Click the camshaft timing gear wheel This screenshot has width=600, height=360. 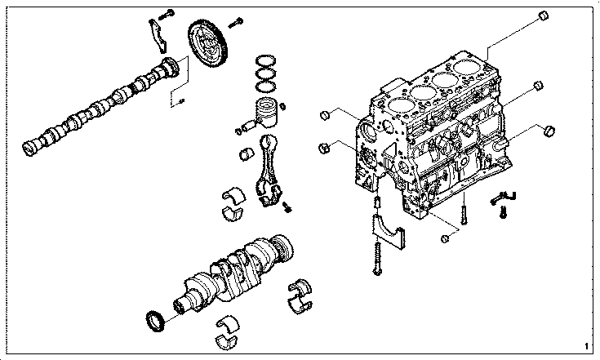tap(208, 44)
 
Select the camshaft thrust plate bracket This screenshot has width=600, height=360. tap(158, 36)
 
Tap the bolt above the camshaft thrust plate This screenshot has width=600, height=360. tap(166, 15)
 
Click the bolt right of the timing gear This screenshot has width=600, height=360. tap(236, 23)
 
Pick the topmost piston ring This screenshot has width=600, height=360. tap(265, 60)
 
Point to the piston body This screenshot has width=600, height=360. tap(267, 113)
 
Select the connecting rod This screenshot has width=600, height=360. tap(269, 169)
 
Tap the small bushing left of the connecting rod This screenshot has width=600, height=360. tap(247, 153)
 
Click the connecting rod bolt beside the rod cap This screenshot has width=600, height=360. tap(287, 207)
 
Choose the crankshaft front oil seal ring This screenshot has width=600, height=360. tap(156, 322)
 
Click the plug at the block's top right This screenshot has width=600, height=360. tap(543, 16)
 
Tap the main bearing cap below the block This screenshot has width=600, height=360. tap(389, 232)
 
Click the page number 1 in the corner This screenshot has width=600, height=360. tap(586, 347)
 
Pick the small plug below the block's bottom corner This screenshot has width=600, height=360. tap(445, 238)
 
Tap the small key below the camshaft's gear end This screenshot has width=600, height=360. tap(181, 101)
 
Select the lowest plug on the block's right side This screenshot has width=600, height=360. tap(549, 131)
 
